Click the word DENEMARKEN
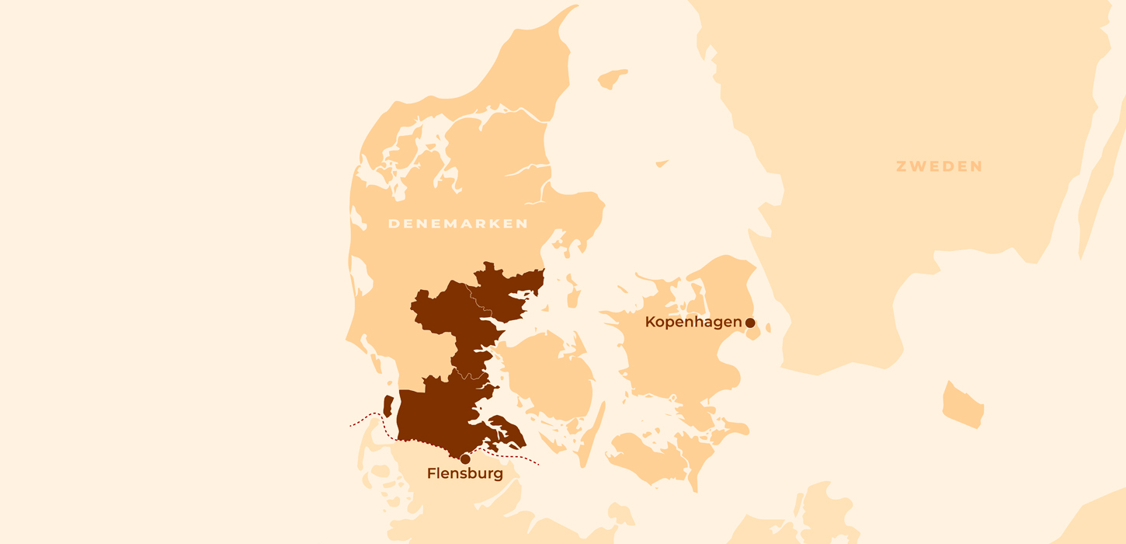coord(457,224)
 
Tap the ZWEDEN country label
coord(939,166)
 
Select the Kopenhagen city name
coord(693,322)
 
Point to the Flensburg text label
coord(465,473)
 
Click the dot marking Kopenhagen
coord(750,323)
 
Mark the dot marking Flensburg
coord(465,459)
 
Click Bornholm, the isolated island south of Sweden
coord(963,404)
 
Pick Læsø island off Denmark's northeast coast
coord(612,79)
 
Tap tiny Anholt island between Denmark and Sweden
coord(662,163)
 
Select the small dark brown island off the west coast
coord(388,406)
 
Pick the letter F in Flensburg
coord(432,473)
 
